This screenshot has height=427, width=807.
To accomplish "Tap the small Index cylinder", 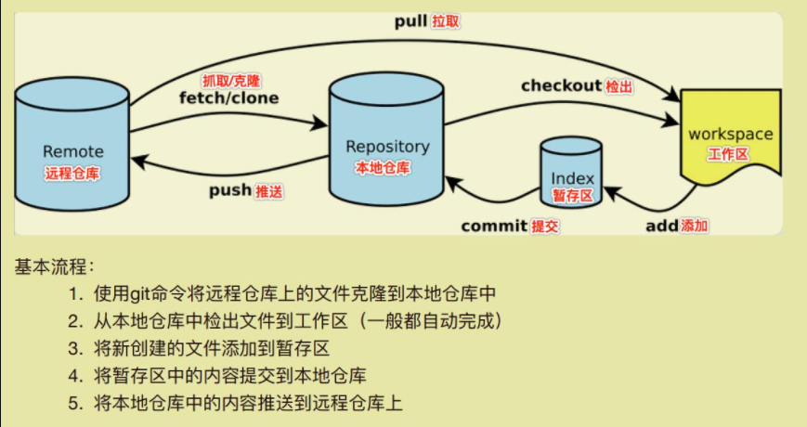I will [572, 173].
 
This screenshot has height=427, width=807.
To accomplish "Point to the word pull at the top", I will [410, 19].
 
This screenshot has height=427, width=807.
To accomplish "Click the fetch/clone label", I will [228, 97].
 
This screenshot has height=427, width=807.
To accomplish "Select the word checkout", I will [561, 85].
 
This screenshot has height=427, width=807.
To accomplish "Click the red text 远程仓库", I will [72, 174].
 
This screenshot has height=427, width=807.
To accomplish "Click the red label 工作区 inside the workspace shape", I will [728, 154].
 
